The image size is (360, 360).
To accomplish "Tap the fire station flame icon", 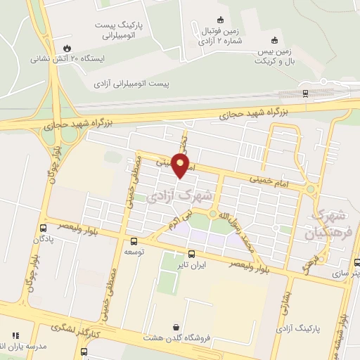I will tap(67, 48).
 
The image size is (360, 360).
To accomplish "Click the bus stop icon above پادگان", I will tap(44, 227).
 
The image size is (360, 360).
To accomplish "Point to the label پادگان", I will tap(44, 239).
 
